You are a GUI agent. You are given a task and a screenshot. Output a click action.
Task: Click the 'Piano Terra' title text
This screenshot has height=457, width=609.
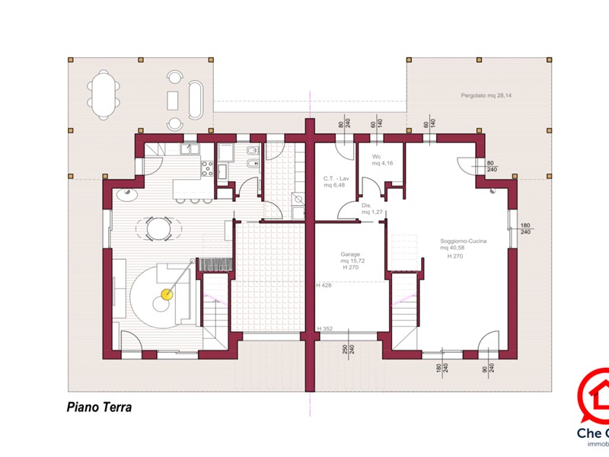99,407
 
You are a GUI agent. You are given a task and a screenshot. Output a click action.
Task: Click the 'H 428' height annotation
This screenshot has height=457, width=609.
324,285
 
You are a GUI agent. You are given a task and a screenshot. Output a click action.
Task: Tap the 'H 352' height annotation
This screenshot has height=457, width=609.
324,329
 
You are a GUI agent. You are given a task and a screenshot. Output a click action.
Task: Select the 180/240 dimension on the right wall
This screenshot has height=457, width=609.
525,228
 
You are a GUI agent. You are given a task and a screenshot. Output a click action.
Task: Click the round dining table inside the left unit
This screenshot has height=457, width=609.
158,227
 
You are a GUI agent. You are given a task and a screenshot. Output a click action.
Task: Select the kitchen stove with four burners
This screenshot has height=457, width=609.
206,168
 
